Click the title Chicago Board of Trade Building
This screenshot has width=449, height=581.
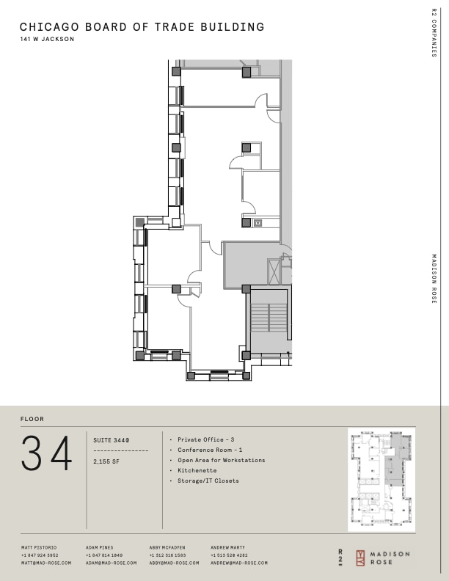coord(142,27)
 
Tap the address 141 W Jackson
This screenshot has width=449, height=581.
coord(48,40)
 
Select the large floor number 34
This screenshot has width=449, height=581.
coord(47,454)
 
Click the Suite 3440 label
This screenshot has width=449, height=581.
coord(112,439)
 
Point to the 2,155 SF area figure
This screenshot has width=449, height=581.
coord(107,461)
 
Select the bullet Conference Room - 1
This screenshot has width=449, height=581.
coord(210,450)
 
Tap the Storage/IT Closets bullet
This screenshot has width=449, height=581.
coord(208,480)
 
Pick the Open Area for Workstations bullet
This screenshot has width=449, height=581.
coord(221,460)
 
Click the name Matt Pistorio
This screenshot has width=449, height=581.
coord(39,547)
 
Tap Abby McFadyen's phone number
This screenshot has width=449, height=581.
coord(168,555)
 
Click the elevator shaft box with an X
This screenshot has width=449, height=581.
coord(276,271)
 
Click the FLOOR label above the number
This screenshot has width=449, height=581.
coord(32,419)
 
